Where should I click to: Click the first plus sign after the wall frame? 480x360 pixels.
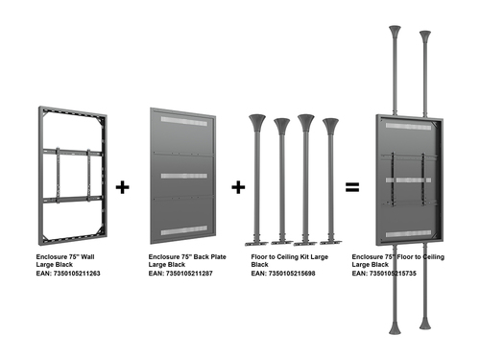(122, 187)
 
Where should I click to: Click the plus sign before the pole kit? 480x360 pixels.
(238, 187)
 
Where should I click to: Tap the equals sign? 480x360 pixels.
(352, 187)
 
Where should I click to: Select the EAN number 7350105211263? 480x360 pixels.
(77, 274)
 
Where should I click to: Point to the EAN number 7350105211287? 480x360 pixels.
(189, 274)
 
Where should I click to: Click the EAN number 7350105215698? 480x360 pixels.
(292, 274)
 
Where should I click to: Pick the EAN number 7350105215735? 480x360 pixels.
(393, 274)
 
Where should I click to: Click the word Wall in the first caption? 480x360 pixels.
(87, 256)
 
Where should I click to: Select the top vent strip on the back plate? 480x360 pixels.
(183, 122)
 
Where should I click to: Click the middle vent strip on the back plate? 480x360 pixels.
(183, 176)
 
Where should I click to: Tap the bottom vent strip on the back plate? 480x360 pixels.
(183, 230)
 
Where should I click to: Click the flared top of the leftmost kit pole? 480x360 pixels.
(257, 123)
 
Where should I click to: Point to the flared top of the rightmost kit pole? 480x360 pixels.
(330, 127)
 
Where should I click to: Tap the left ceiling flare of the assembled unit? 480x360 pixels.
(395, 31)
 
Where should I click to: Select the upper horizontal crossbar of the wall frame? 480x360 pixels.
(73, 152)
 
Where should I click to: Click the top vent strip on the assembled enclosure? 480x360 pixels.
(408, 127)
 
